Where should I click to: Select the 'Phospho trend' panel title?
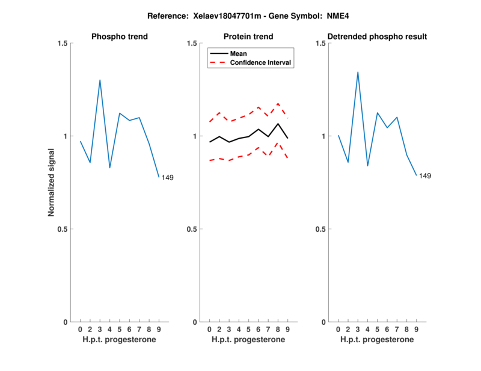pyautogui.click(x=119, y=37)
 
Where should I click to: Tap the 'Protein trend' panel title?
pyautogui.click(x=248, y=37)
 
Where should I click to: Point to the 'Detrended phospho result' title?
pyautogui.click(x=377, y=37)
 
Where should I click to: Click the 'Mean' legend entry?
pyautogui.click(x=239, y=53)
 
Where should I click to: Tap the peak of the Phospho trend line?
pyautogui.click(x=100, y=80)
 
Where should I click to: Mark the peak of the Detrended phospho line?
pyautogui.click(x=358, y=72)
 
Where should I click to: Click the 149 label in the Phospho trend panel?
pyautogui.click(x=168, y=177)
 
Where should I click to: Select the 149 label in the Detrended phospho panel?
pyautogui.click(x=425, y=176)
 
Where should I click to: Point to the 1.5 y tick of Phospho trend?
pyautogui.click(x=61, y=43)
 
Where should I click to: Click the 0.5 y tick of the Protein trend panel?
pyautogui.click(x=191, y=229)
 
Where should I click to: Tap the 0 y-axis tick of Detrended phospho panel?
pyautogui.click(x=323, y=322)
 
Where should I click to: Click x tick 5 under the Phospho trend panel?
pyautogui.click(x=119, y=329)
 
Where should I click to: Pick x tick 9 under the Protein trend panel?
pyautogui.click(x=287, y=329)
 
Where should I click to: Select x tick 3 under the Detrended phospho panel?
pyautogui.click(x=358, y=329)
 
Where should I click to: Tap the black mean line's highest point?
pyautogui.click(x=278, y=124)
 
